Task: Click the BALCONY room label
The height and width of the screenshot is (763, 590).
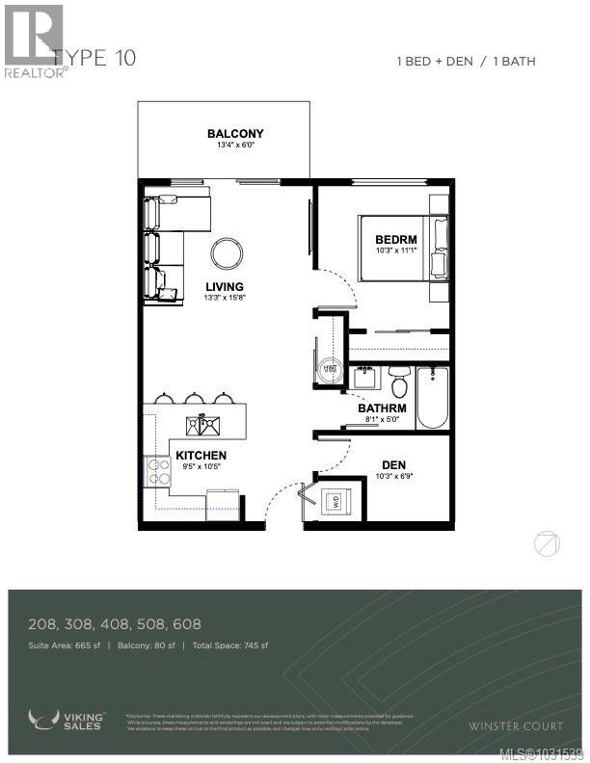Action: (x=235, y=134)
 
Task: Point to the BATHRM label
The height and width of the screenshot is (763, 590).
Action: (x=382, y=408)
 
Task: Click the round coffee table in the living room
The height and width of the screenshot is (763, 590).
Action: (x=228, y=253)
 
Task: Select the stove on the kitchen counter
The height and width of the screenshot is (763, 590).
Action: (x=156, y=471)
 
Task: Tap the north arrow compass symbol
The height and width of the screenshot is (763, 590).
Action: (x=547, y=544)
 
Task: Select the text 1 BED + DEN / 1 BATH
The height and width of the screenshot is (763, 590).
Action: (x=466, y=62)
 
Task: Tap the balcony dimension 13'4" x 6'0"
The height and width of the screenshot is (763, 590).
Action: (x=235, y=146)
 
